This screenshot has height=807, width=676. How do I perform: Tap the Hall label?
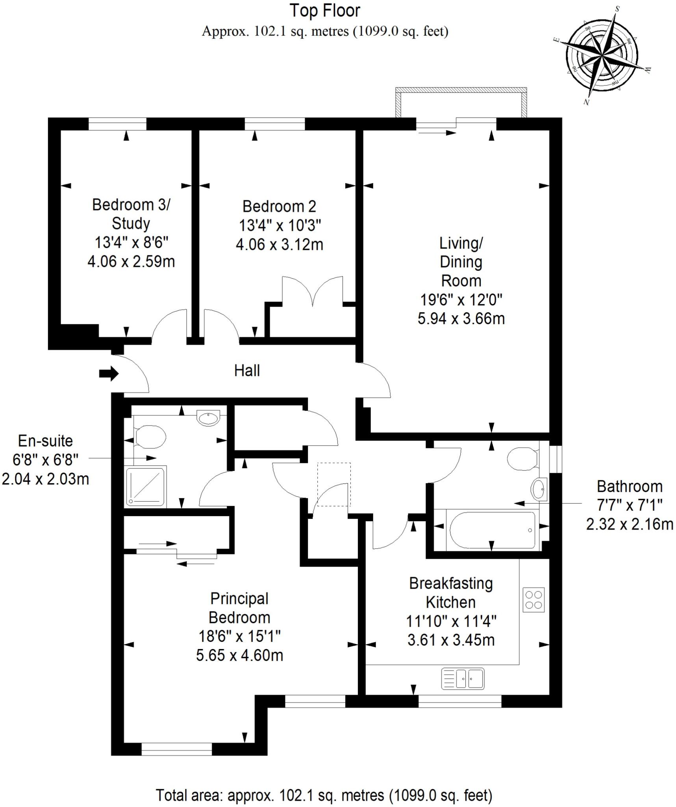pos(247,371)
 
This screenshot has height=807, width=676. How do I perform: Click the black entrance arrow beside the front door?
pos(109,373)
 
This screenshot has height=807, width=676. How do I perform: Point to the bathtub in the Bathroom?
pos(492,530)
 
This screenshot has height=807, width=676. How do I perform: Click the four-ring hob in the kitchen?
pos(533,600)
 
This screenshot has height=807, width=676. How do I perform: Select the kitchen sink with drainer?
pos(463,679)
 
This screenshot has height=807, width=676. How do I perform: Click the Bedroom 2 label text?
pos(279,206)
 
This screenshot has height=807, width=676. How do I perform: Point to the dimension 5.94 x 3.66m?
pos(461,318)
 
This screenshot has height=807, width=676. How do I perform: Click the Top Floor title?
pos(325,11)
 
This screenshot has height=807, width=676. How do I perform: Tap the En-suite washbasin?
pos(208,418)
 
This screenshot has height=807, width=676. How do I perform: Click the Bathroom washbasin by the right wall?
pos(539,489)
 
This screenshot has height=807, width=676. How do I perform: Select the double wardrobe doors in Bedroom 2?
pos(313,291)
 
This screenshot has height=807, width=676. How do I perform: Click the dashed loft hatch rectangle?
pos(334,484)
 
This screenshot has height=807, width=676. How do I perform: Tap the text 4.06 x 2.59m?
pos(131,261)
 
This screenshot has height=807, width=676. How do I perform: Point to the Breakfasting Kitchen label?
pos(451,593)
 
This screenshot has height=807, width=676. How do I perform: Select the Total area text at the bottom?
pos(324,795)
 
